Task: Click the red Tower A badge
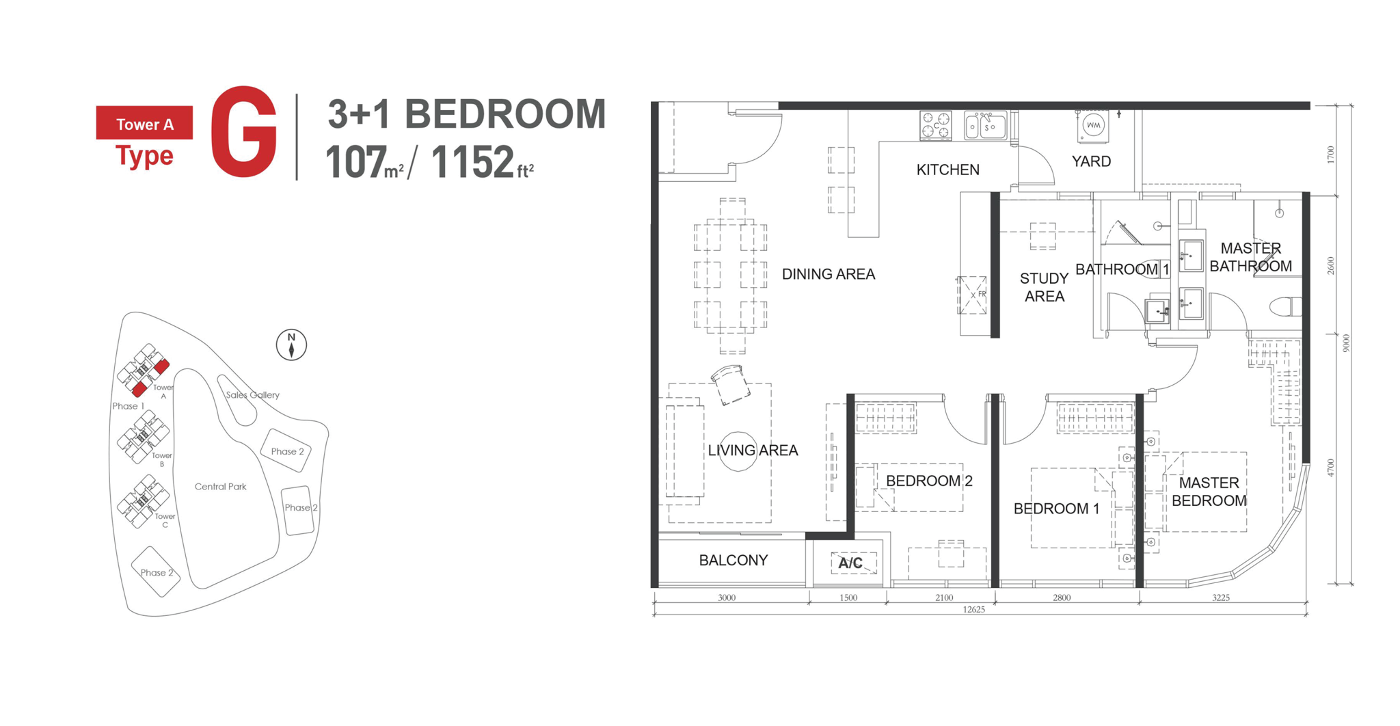[x=144, y=124]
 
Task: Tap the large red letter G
[x=243, y=132]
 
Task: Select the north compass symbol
[x=291, y=345]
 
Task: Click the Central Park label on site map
[x=220, y=487]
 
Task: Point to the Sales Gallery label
[x=252, y=395]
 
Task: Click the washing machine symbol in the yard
[x=1093, y=126]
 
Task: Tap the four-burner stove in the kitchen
[x=935, y=126]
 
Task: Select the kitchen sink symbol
[x=984, y=126]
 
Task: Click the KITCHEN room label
[x=947, y=170]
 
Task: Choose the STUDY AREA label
[x=1044, y=287]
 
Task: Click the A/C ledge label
[x=850, y=563]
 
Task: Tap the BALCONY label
[x=733, y=561]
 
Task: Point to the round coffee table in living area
[x=738, y=451]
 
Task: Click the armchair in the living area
[x=730, y=385]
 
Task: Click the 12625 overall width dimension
[x=973, y=610]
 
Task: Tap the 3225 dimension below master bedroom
[x=1220, y=598]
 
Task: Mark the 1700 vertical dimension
[x=1330, y=154]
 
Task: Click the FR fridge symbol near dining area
[x=972, y=295]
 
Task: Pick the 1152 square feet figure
[x=472, y=163]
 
